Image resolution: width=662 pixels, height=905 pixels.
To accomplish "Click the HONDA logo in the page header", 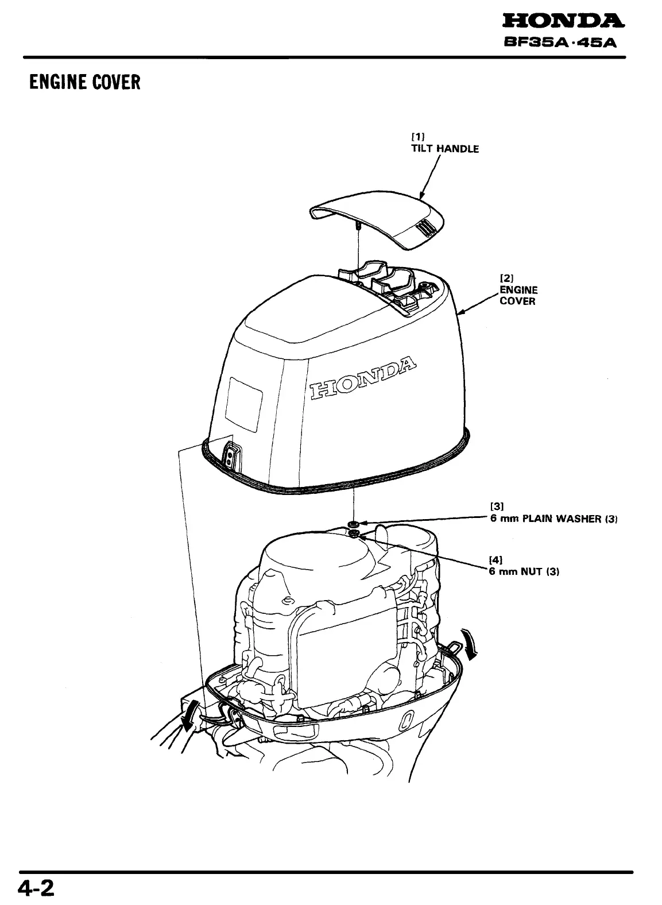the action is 562,22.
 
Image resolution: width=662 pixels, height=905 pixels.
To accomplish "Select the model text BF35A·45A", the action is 562,43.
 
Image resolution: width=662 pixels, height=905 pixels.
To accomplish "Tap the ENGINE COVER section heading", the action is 85,83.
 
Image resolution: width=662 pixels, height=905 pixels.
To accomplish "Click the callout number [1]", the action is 417,137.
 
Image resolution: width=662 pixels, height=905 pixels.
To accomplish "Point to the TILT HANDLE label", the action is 444,149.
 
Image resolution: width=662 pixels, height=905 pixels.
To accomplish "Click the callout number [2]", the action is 506,278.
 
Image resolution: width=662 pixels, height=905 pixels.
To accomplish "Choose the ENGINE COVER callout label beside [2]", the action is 518,296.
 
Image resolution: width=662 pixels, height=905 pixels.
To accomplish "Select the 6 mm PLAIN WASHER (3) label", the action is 553,519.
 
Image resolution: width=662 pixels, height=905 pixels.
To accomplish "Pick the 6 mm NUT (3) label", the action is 523,571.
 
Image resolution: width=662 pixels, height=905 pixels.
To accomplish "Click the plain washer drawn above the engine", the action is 354,524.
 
